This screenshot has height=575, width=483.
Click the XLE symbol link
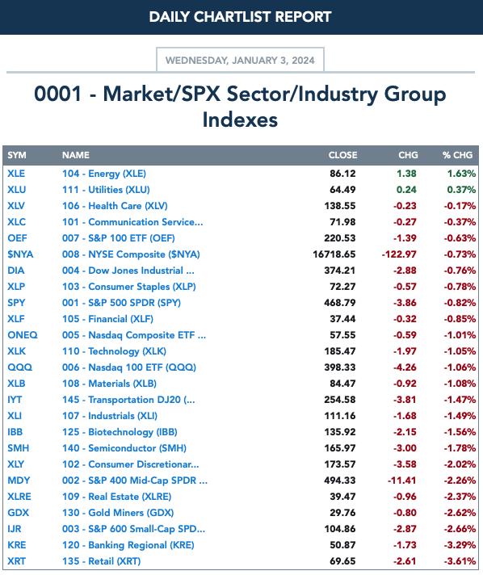tap(16, 174)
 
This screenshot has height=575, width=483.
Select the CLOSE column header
tap(342, 155)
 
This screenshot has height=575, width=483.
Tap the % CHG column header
tap(457, 155)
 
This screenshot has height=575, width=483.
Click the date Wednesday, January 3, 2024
tap(240, 60)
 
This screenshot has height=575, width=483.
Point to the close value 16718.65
tap(334, 254)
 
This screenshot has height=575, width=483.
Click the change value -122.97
tap(399, 254)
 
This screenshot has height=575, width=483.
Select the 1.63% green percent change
tap(461, 174)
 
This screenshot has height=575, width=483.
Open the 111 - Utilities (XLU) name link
tap(106, 190)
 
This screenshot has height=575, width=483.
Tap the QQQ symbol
tap(20, 367)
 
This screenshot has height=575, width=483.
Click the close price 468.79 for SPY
tap(339, 303)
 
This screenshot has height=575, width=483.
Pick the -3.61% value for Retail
tap(460, 561)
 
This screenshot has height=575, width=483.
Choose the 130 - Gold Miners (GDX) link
tap(118, 513)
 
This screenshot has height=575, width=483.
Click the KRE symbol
tap(16, 545)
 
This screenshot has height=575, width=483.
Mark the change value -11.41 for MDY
tap(402, 481)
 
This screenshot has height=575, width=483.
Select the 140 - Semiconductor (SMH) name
tap(124, 448)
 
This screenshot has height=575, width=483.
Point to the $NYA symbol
tap(20, 254)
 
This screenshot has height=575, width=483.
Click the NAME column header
tap(76, 155)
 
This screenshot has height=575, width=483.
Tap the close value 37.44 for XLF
tap(342, 319)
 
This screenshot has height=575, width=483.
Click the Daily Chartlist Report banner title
tap(240, 17)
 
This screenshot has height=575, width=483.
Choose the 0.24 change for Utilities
tap(406, 190)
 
